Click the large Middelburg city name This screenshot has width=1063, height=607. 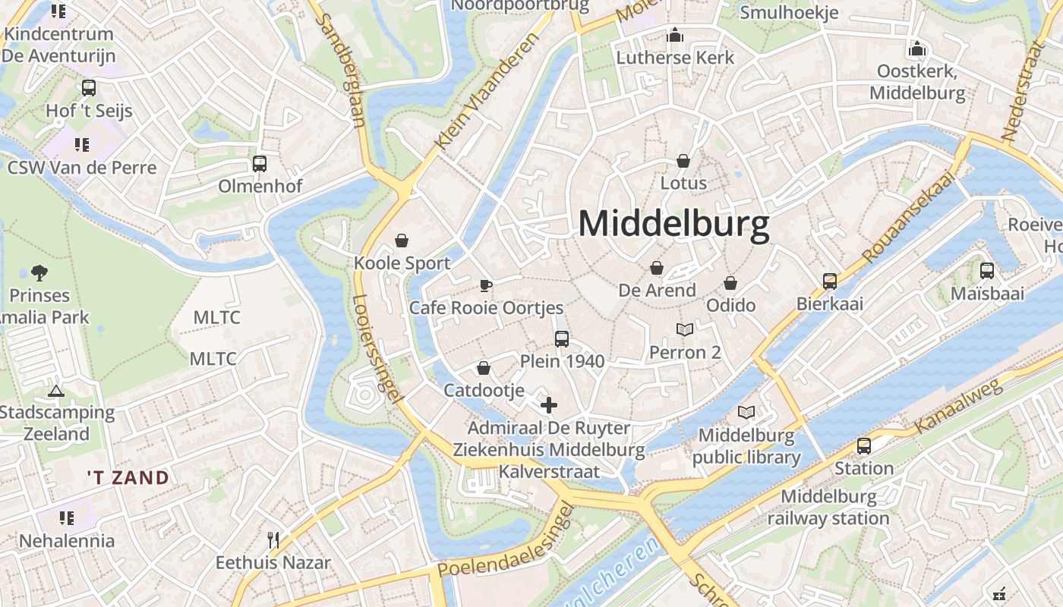pyautogui.click(x=673, y=225)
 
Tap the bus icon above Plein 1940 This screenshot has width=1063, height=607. pyautogui.click(x=562, y=339)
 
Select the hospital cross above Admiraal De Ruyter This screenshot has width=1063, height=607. pyautogui.click(x=548, y=405)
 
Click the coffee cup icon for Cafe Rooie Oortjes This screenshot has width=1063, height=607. pyautogui.click(x=486, y=286)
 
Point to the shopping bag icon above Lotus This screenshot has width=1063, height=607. pyautogui.click(x=683, y=161)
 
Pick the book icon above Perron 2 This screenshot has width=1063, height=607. pyautogui.click(x=685, y=330)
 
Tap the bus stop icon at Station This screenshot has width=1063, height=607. pyautogui.click(x=864, y=446)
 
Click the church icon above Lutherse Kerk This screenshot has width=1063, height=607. pyautogui.click(x=674, y=35)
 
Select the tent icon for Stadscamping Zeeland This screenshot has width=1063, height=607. pyautogui.click(x=55, y=392)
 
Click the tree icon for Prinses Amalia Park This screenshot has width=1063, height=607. pyautogui.click(x=39, y=273)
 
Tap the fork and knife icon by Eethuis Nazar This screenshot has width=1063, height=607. pyautogui.click(x=273, y=540)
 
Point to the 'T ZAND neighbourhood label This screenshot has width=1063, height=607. pyautogui.click(x=128, y=478)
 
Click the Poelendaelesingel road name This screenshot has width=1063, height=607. pyautogui.click(x=503, y=543)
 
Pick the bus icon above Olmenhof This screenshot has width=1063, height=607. pyautogui.click(x=260, y=164)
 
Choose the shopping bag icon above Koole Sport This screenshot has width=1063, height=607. pyautogui.click(x=402, y=241)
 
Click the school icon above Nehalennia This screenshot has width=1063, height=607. pyautogui.click(x=67, y=518)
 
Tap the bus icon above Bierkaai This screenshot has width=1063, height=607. pyautogui.click(x=830, y=281)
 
